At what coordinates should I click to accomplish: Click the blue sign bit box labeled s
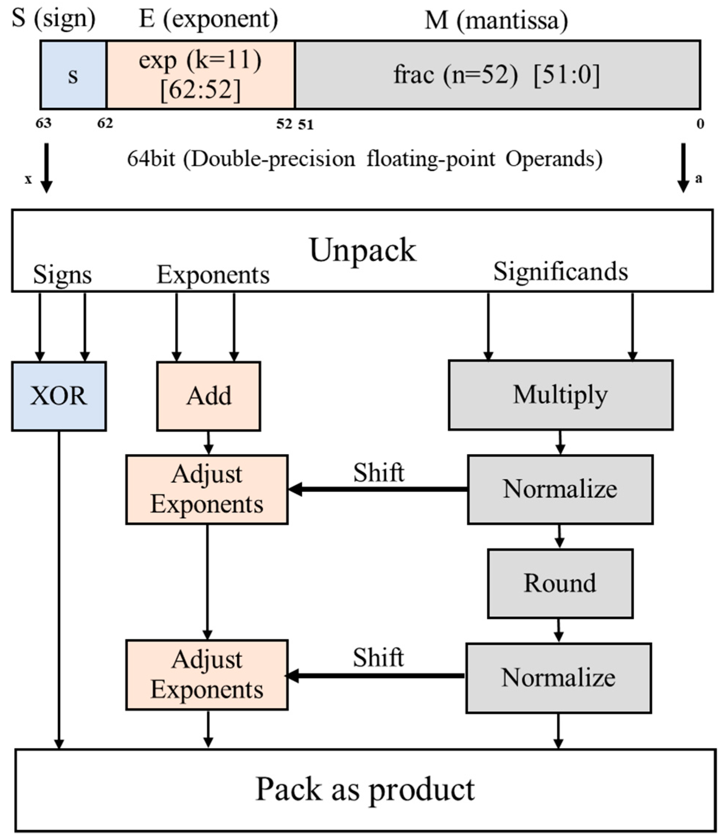pyautogui.click(x=73, y=75)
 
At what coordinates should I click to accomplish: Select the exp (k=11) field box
pyautogui.click(x=200, y=75)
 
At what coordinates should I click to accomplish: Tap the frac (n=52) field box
pyautogui.click(x=498, y=75)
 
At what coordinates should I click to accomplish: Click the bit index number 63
pyautogui.click(x=43, y=123)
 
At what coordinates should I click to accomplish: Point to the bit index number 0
pyautogui.click(x=700, y=124)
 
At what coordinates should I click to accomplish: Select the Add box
pyautogui.click(x=209, y=396)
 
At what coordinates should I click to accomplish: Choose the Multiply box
pyautogui.click(x=560, y=395)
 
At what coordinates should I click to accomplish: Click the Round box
pyautogui.click(x=560, y=583)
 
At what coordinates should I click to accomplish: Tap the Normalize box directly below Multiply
pyautogui.click(x=560, y=489)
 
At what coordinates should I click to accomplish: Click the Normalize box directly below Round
pyautogui.click(x=558, y=678)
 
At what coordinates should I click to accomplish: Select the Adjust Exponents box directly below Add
pyautogui.click(x=207, y=489)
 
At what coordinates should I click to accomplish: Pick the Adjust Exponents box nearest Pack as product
pyautogui.click(x=207, y=675)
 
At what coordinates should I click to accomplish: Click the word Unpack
pyautogui.click(x=363, y=250)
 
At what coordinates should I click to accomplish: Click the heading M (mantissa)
pyautogui.click(x=496, y=20)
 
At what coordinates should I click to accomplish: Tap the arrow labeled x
pyautogui.click(x=46, y=168)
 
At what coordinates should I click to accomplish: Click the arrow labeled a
pyautogui.click(x=684, y=168)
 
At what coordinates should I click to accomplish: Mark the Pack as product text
pyautogui.click(x=364, y=789)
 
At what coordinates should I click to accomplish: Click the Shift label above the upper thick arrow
pyautogui.click(x=378, y=473)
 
